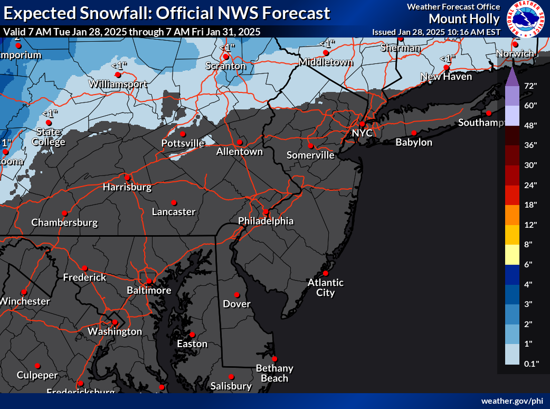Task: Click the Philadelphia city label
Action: click(265, 221)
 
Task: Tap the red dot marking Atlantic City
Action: click(326, 273)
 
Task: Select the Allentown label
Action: click(239, 152)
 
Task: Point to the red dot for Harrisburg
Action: click(127, 177)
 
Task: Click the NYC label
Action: click(362, 133)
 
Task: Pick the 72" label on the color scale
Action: click(530, 86)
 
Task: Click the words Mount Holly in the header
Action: click(464, 19)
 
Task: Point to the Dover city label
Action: click(236, 304)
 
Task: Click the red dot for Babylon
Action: click(414, 133)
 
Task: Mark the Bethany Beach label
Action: click(274, 373)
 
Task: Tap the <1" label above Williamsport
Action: click(119, 65)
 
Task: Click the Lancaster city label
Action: click(173, 212)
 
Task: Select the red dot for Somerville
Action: click(310, 146)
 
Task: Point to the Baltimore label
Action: click(149, 291)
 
